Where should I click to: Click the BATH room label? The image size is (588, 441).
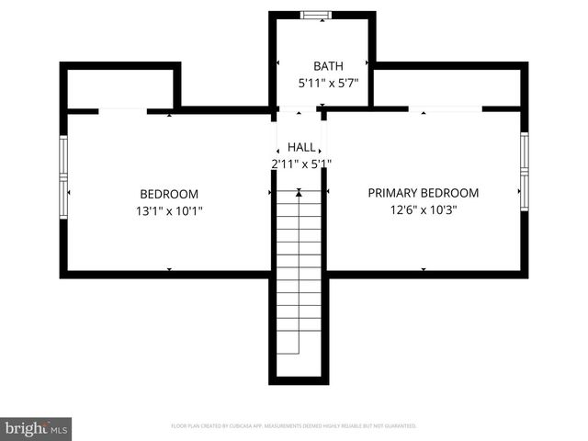tap(328, 66)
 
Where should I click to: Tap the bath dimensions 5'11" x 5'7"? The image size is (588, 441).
tap(328, 83)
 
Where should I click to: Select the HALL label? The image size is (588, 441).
tap(301, 147)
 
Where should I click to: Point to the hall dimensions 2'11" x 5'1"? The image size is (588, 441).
tap(301, 164)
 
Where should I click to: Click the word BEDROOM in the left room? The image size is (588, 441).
tap(169, 194)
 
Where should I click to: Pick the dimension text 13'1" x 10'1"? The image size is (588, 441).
tap(169, 210)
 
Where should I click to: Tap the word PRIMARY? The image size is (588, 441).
tap(393, 193)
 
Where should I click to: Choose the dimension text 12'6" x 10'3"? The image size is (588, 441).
tap(424, 209)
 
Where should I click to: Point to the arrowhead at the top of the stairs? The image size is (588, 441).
tap(299, 193)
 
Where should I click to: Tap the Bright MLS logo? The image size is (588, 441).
tap(36, 428)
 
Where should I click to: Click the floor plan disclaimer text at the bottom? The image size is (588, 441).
tap(294, 426)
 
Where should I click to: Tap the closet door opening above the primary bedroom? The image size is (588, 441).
tap(446, 109)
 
